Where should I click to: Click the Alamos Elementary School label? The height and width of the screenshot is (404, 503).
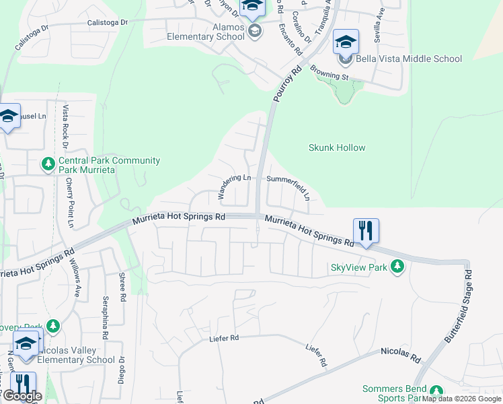(x=196, y=31)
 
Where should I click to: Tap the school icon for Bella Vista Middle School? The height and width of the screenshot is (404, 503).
(x=346, y=42)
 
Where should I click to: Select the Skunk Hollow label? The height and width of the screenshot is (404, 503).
(x=337, y=147)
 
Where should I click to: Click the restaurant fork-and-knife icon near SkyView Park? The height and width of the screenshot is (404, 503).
(x=366, y=230)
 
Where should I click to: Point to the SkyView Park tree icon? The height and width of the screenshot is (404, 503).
(x=398, y=267)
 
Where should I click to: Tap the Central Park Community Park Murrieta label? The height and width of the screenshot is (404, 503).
(x=109, y=165)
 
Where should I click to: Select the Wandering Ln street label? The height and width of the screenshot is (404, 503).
(x=234, y=185)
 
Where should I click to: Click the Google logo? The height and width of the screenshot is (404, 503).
(x=22, y=396)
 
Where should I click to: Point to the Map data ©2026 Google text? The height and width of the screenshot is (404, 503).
(x=462, y=399)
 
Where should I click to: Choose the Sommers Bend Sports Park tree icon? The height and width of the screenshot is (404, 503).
(x=436, y=391)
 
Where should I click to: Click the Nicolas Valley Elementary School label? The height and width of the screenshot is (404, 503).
(x=75, y=355)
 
